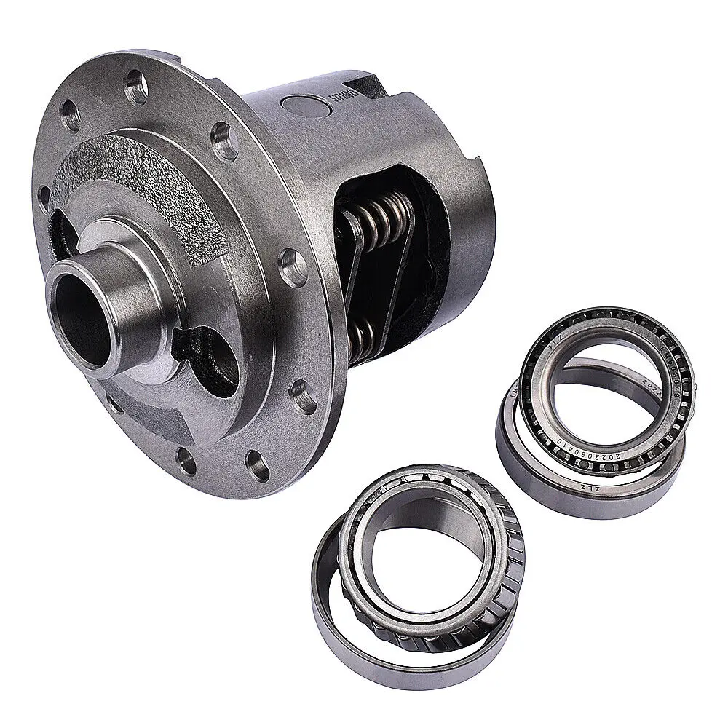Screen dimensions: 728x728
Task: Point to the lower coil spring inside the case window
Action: [x=363, y=336]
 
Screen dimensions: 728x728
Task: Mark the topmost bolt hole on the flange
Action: [x=134, y=82]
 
